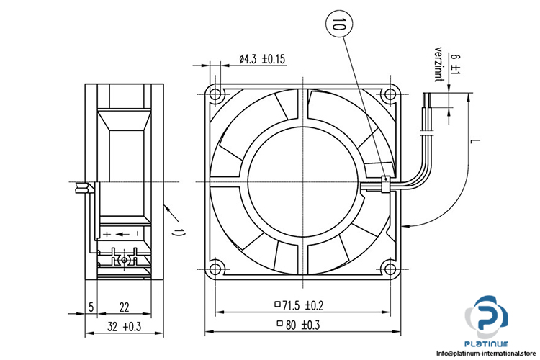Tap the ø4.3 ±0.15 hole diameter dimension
point(262,59)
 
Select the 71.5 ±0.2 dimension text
point(299,305)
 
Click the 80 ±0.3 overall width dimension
point(298,325)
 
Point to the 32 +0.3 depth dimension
point(125,326)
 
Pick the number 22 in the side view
point(124,307)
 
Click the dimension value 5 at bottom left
point(91,307)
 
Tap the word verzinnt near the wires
point(438,64)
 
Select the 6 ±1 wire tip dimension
point(455,65)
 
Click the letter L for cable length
point(475,141)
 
